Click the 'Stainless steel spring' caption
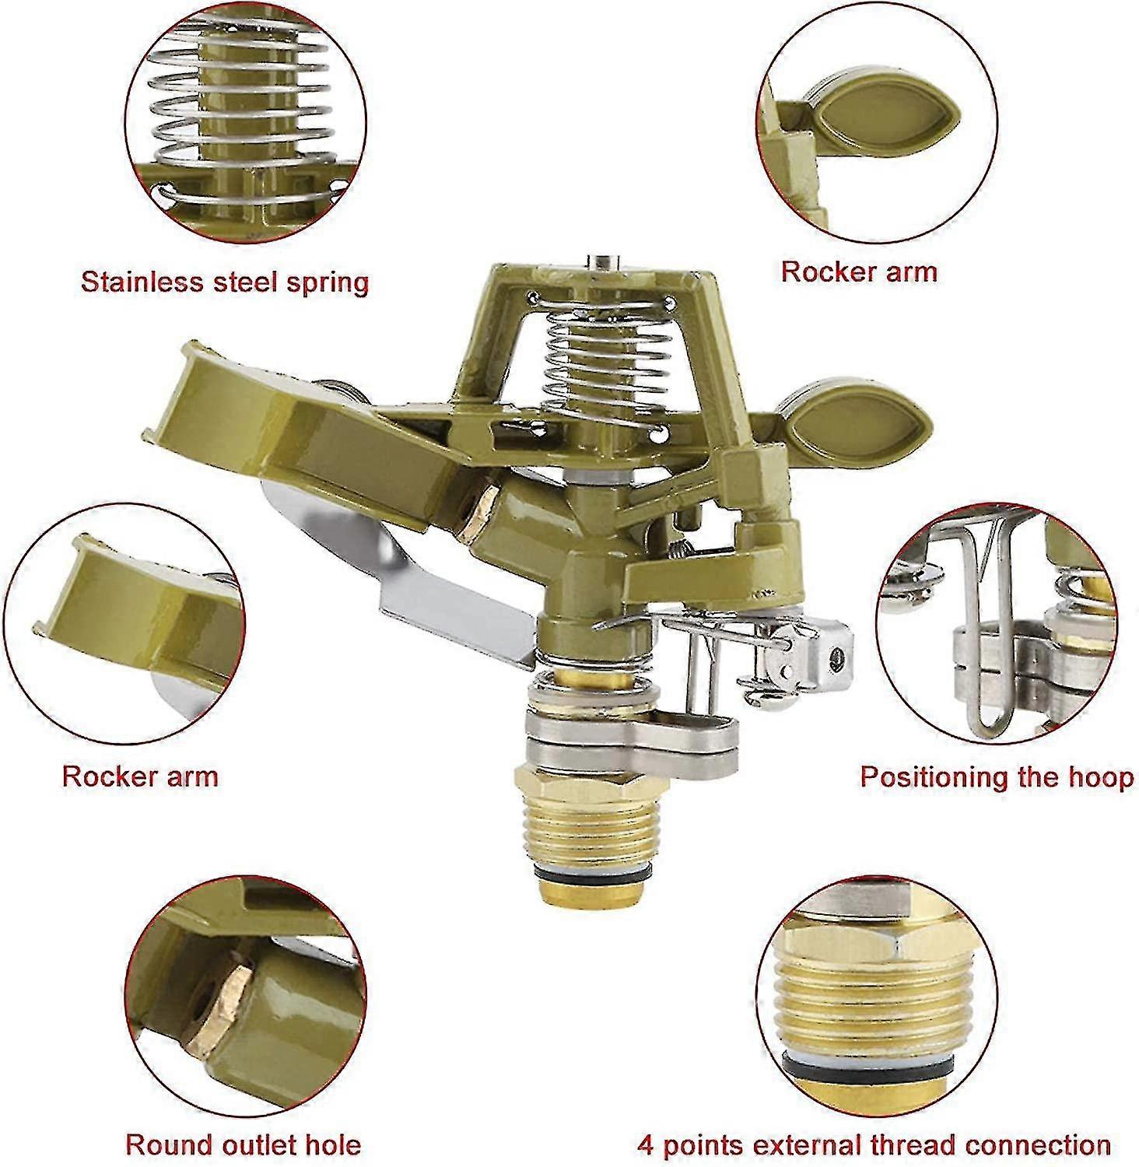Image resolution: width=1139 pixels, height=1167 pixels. [x=225, y=281]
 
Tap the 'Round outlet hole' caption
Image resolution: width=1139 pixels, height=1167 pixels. [x=244, y=1144]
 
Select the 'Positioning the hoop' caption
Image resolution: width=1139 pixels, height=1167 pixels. [x=997, y=777]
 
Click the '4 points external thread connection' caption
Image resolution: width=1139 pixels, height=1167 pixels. [x=874, y=1144]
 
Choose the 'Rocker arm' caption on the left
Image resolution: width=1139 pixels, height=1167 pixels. [x=140, y=776]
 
